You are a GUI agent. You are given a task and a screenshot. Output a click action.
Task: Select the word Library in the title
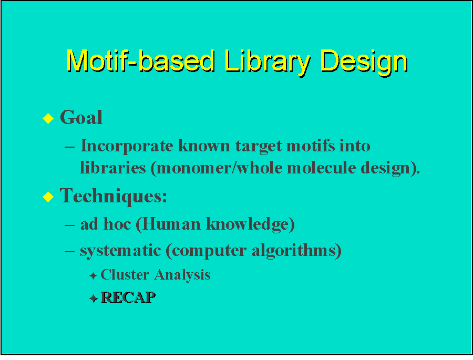click(x=268, y=63)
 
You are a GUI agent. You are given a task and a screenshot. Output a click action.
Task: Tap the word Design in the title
click(x=364, y=63)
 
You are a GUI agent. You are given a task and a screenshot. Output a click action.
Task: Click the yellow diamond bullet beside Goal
click(x=48, y=118)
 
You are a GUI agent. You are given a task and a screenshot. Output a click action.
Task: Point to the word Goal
click(x=81, y=117)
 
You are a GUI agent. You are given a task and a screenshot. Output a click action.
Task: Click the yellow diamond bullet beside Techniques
click(x=48, y=197)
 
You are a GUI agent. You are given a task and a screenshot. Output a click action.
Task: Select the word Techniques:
click(x=114, y=196)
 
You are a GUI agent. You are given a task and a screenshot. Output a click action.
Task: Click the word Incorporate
click(x=127, y=146)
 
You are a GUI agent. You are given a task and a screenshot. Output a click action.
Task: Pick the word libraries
click(x=113, y=168)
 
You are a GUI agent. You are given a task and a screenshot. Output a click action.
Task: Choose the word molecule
click(x=321, y=168)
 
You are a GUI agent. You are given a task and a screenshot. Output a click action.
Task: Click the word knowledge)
click(x=250, y=224)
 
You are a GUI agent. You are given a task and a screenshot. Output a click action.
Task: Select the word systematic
click(x=120, y=251)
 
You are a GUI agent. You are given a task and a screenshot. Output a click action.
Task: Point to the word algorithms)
click(x=297, y=251)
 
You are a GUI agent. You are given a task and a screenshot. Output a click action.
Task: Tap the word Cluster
click(x=125, y=275)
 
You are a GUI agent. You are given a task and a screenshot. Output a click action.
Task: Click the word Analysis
click(x=183, y=275)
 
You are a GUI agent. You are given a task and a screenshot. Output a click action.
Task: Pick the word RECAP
click(x=128, y=297)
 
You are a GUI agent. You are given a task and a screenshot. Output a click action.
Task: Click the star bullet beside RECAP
click(x=94, y=299)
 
